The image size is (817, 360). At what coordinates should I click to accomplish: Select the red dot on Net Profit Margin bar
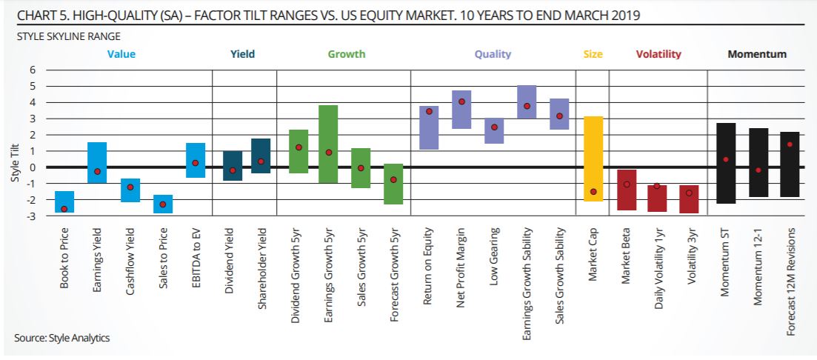pyautogui.click(x=461, y=101)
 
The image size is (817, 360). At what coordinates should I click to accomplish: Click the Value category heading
pyautogui.click(x=121, y=54)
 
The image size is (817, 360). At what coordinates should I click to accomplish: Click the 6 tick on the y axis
pyautogui.click(x=33, y=70)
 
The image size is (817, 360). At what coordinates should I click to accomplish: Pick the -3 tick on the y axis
pyautogui.click(x=31, y=216)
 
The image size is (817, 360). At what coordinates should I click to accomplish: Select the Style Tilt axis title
pyautogui.click(x=15, y=167)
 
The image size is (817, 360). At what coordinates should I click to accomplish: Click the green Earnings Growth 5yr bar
pyautogui.click(x=328, y=144)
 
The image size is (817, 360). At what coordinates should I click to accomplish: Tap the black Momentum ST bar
pyautogui.click(x=726, y=163)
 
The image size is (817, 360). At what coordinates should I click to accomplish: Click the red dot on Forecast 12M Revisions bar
pyautogui.click(x=790, y=144)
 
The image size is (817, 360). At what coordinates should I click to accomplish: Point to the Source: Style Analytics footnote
pyautogui.click(x=61, y=338)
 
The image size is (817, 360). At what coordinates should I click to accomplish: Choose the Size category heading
pyautogui.click(x=593, y=54)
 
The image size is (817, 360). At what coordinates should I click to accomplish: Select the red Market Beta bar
pyautogui.click(x=627, y=190)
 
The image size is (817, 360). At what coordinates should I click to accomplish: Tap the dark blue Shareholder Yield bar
pyautogui.click(x=261, y=156)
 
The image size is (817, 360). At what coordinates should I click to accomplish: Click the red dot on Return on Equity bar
pyautogui.click(x=429, y=111)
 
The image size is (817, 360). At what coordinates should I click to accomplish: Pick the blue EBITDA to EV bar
pyautogui.click(x=196, y=160)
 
